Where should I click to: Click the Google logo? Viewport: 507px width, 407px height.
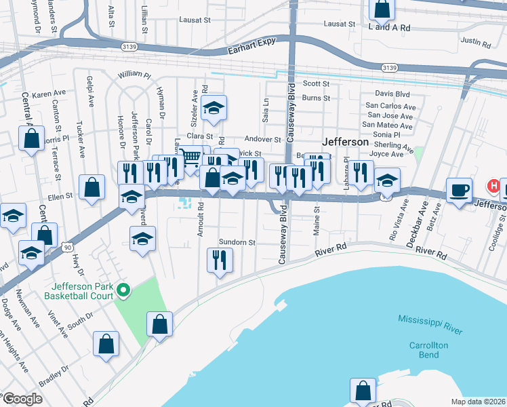point(22,399)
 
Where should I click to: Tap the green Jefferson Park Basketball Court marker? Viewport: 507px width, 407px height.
point(123,291)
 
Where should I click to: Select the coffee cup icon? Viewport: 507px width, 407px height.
point(459,190)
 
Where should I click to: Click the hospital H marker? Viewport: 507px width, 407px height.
point(495,185)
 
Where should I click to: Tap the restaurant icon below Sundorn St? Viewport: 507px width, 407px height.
point(220,259)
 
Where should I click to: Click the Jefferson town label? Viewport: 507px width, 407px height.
point(346,142)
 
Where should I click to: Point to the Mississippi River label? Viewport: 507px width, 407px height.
point(430,325)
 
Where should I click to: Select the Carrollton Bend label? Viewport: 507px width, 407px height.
point(428,350)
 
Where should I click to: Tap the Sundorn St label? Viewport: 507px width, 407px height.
point(237,241)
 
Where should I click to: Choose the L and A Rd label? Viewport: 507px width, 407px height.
point(389,28)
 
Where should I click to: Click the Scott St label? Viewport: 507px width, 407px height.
point(316,83)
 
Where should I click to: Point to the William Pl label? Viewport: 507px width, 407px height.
point(133,73)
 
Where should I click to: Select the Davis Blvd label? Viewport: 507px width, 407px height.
point(392,94)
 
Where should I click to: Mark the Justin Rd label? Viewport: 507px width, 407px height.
point(475,42)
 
